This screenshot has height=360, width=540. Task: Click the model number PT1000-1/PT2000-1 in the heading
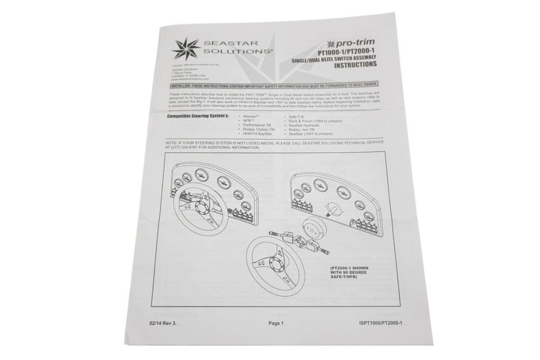click(346, 52)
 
